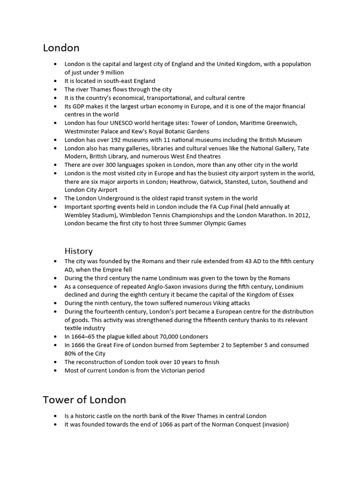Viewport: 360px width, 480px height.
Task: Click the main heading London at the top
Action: coord(61,48)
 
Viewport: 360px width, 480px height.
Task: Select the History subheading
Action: coord(78,251)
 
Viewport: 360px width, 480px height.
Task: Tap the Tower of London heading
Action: coord(84,400)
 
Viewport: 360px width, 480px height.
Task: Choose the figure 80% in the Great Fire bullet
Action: coord(71,353)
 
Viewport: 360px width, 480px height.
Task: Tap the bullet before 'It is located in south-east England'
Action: coord(55,81)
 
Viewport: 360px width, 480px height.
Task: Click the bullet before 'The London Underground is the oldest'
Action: coord(55,198)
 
